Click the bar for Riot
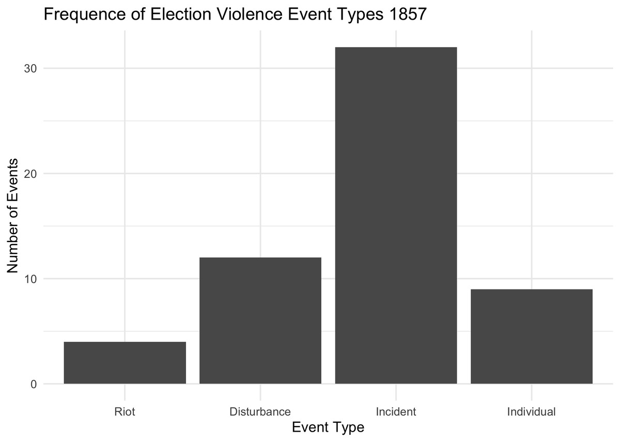125,363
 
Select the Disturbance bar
260,321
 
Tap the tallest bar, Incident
396,216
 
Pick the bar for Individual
531,337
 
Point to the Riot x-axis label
125,412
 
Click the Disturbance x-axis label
260,412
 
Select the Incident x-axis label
396,412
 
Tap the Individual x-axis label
531,412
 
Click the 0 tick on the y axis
34,384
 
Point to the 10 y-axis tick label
30,279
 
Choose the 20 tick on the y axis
30,174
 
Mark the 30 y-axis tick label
30,69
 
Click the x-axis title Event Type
328,428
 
